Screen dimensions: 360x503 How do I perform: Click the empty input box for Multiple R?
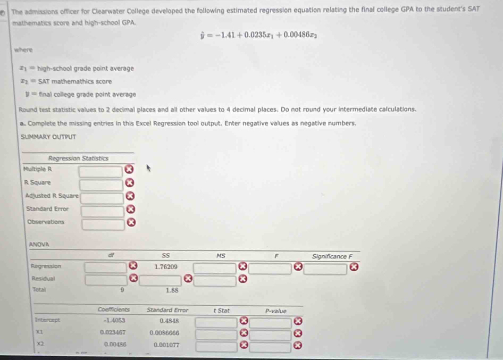click(101, 171)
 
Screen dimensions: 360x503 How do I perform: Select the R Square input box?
click(101, 185)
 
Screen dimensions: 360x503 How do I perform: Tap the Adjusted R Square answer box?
click(101, 198)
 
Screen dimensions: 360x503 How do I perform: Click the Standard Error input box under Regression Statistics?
click(102, 211)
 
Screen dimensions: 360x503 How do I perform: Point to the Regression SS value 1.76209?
click(166, 266)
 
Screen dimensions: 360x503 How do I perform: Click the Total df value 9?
click(122, 290)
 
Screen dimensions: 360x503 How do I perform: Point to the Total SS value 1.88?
click(171, 290)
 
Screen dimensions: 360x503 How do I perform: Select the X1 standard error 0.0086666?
click(164, 332)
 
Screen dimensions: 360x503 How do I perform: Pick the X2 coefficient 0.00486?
click(115, 344)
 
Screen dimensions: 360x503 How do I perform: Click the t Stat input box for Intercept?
click(216, 321)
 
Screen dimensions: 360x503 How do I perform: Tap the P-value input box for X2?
click(271, 348)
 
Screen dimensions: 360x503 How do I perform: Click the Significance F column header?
click(332, 256)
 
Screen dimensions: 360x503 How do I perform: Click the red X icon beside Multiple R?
click(128, 170)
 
